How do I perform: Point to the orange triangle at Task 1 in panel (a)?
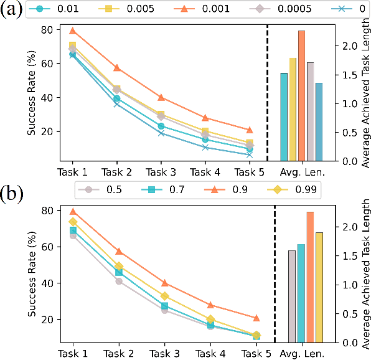(x=72, y=31)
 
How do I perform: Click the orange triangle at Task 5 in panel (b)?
(x=256, y=318)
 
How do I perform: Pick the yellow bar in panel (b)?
(x=319, y=287)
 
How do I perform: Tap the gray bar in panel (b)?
(x=292, y=296)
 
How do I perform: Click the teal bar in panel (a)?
(x=284, y=116)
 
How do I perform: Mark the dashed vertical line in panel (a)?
(x=268, y=93)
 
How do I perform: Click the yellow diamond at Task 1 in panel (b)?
(x=72, y=222)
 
